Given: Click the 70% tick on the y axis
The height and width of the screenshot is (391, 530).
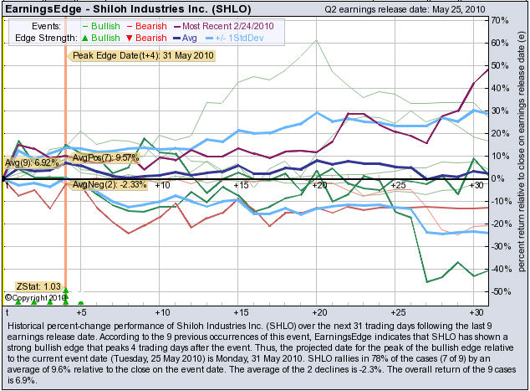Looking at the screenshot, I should [x=501, y=19].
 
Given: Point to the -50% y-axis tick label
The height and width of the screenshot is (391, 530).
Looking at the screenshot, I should [x=501, y=292].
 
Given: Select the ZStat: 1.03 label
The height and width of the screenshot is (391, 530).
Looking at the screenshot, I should [x=38, y=286].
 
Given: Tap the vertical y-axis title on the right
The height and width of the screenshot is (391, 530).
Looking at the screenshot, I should [x=521, y=159].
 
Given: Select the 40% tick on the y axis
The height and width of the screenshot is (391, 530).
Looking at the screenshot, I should [x=501, y=87].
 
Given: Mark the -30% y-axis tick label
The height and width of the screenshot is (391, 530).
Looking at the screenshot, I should [x=501, y=247].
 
